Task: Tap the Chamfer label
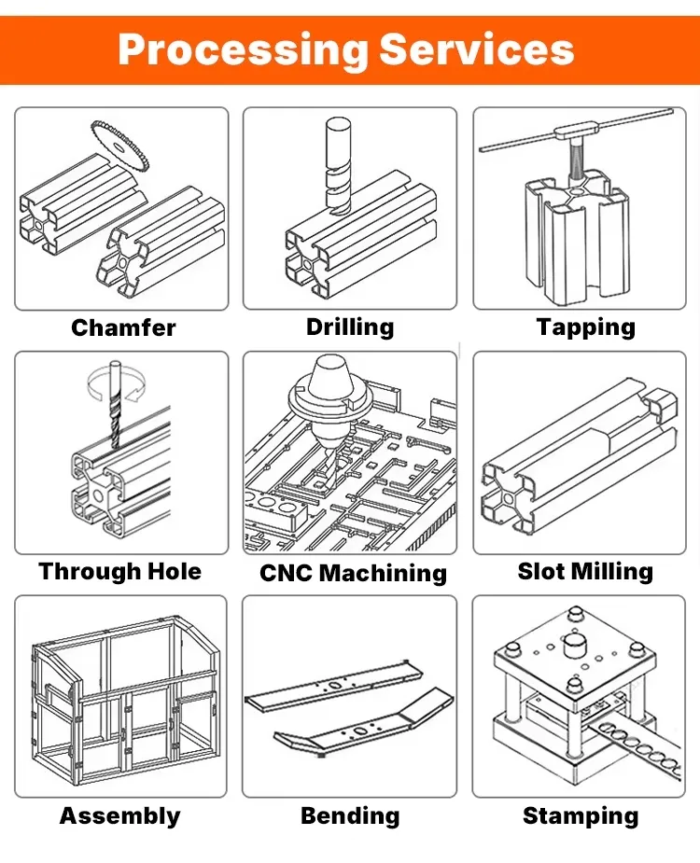[x=123, y=327]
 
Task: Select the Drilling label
[x=350, y=327]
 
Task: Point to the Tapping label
[x=585, y=327]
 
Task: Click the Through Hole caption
[x=119, y=571]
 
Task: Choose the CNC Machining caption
[x=353, y=573]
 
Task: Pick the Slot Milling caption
[x=585, y=571]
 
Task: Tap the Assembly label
[x=119, y=815]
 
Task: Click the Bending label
[x=350, y=815]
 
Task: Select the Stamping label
[x=581, y=815]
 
